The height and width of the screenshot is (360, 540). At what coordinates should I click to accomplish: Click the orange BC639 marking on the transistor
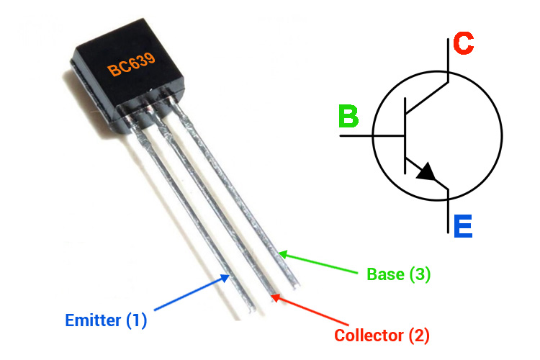click(x=131, y=65)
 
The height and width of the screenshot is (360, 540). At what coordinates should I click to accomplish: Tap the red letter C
click(x=464, y=43)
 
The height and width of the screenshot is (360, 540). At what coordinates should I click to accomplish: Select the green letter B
click(x=348, y=116)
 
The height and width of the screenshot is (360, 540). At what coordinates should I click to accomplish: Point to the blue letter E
click(x=463, y=226)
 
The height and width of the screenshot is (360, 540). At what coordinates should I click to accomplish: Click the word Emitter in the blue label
click(x=93, y=320)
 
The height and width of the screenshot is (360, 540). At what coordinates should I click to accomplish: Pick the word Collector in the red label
click(x=369, y=336)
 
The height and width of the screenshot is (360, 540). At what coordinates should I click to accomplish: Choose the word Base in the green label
click(x=385, y=274)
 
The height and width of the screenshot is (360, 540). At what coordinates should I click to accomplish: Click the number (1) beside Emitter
click(x=136, y=320)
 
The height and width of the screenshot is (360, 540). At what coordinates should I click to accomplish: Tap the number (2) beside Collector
click(x=419, y=336)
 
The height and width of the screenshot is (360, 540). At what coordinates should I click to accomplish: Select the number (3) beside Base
click(x=420, y=274)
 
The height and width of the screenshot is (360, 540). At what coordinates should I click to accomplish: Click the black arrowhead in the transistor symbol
click(x=426, y=171)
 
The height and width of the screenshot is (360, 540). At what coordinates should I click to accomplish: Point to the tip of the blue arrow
click(x=230, y=274)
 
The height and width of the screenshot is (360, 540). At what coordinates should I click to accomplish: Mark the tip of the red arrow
click(x=271, y=295)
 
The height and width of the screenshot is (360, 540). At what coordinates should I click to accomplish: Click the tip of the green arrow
click(x=278, y=253)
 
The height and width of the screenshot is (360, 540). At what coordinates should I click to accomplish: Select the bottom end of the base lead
click(x=296, y=285)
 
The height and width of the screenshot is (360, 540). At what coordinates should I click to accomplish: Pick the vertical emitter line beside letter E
click(x=448, y=211)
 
